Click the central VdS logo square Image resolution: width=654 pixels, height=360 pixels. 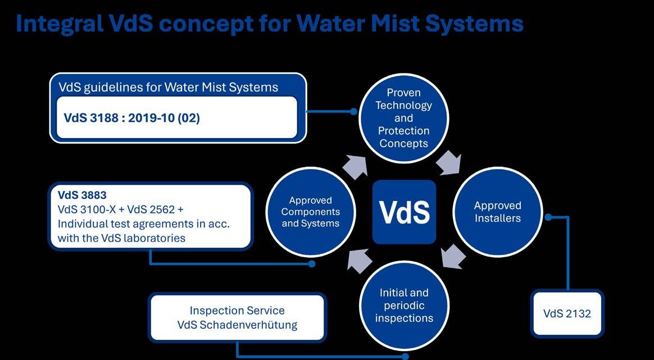click(404, 212)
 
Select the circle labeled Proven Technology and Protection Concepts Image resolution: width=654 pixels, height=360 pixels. click(403, 118)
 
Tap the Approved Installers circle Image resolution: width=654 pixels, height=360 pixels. click(497, 211)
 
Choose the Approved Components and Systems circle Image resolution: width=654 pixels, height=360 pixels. click(310, 212)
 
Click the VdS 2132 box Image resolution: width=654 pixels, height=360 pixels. click(567, 313)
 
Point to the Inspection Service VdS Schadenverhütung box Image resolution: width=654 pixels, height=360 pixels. click(237, 317)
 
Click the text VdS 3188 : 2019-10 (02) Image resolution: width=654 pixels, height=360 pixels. click(131, 118)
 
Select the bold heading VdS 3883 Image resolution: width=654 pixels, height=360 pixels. click(82, 195)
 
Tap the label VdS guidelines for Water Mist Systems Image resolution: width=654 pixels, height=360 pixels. click(168, 87)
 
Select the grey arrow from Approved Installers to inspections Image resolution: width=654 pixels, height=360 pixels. click(452, 256)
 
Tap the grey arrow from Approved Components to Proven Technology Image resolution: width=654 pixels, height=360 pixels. click(356, 167)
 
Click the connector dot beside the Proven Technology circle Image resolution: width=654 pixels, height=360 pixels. click(353, 111)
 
